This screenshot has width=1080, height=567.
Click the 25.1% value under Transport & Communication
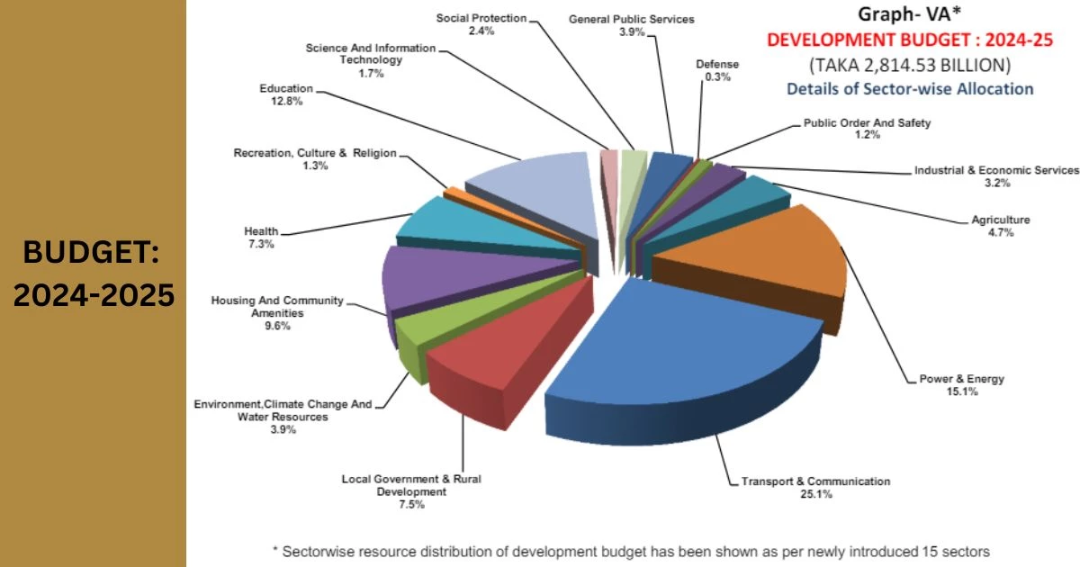(815, 495)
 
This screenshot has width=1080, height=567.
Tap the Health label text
(261, 231)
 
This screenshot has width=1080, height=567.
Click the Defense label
(717, 64)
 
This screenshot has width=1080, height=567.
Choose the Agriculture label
(1000, 220)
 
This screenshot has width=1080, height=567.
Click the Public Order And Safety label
(867, 122)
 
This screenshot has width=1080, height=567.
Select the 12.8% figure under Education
(286, 102)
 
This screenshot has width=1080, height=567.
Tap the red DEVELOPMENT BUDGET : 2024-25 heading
(909, 40)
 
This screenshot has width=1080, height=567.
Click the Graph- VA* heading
(909, 14)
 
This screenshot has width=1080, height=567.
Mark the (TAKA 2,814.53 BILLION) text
(909, 65)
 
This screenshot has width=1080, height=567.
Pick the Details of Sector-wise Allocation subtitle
(909, 88)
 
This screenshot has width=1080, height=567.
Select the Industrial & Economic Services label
(996, 170)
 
